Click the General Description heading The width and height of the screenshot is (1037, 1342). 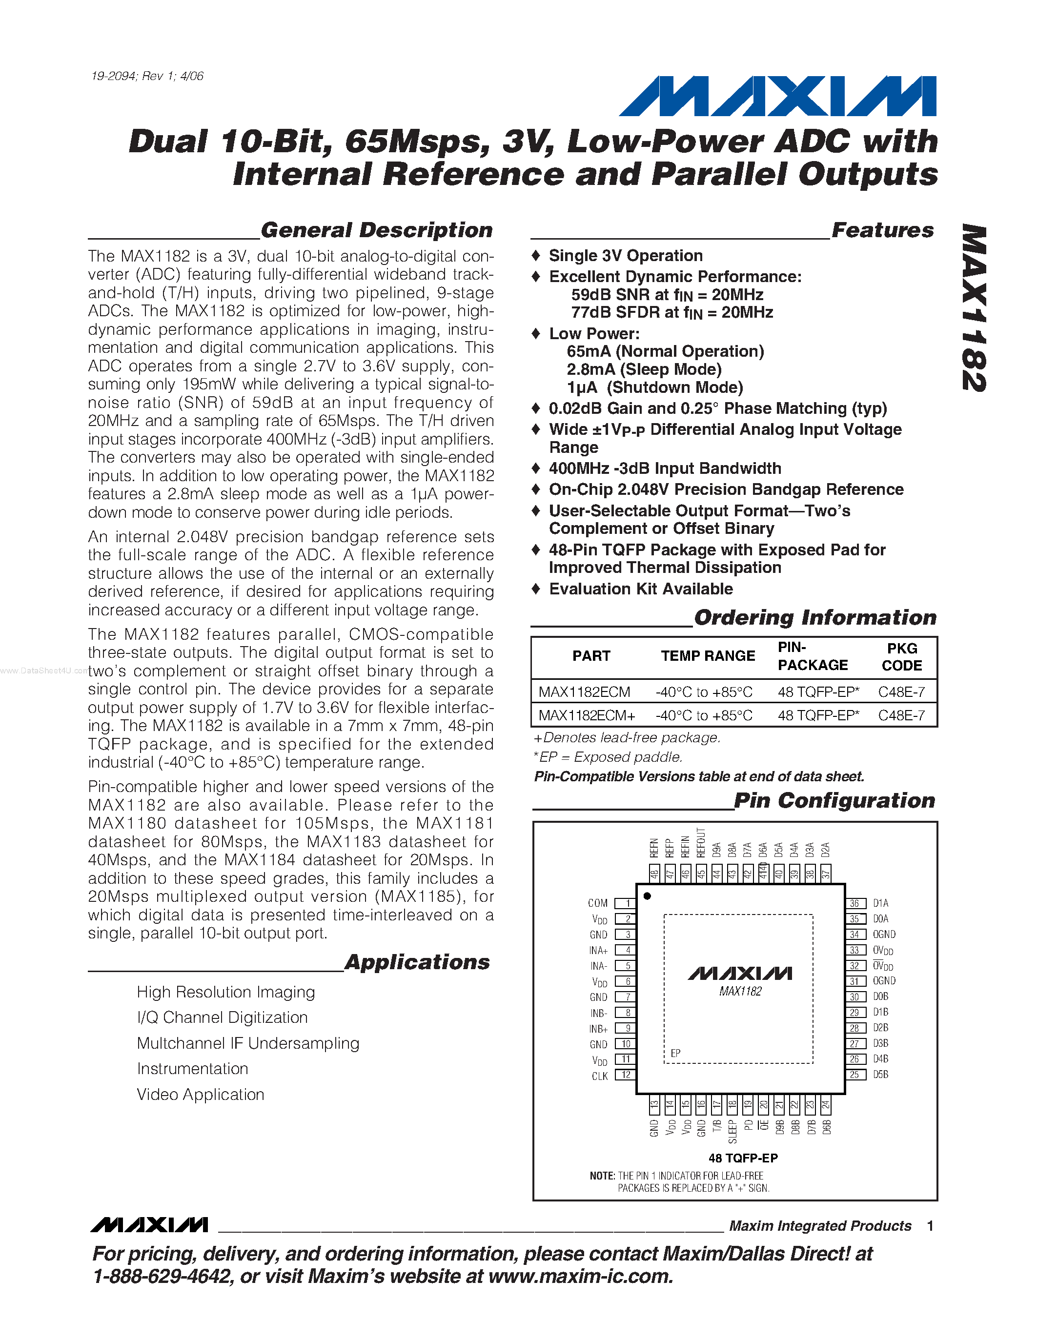click(x=377, y=230)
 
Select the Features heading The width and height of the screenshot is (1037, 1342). click(x=882, y=230)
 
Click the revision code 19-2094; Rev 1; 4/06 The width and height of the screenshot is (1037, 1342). click(x=147, y=76)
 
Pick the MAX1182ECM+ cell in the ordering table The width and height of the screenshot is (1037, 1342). click(x=587, y=715)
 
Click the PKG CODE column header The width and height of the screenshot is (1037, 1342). click(x=902, y=657)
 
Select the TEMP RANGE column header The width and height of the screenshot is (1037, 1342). click(x=708, y=656)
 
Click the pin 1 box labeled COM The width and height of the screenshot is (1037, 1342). click(x=626, y=903)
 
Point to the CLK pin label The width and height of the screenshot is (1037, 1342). click(x=600, y=1076)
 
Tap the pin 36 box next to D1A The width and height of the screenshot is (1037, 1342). click(x=854, y=903)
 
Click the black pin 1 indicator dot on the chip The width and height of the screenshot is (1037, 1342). click(x=647, y=896)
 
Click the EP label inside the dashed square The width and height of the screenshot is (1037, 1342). click(x=675, y=1053)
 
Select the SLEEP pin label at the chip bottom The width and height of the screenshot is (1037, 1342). click(x=732, y=1132)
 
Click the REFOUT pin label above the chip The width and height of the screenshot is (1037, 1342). click(x=701, y=842)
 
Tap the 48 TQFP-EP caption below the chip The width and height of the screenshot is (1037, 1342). click(x=743, y=1159)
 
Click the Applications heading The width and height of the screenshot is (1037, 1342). click(x=417, y=962)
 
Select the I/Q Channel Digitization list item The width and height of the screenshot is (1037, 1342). click(x=223, y=1017)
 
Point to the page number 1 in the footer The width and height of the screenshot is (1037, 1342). click(x=930, y=1226)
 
